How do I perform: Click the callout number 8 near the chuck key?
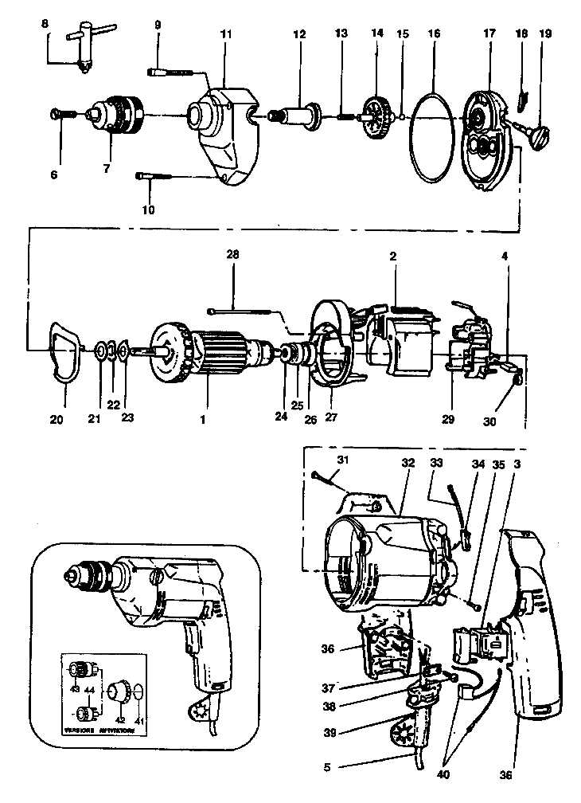coord(45,25)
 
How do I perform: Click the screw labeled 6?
coord(60,115)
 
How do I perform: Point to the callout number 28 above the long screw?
coord(232,255)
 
